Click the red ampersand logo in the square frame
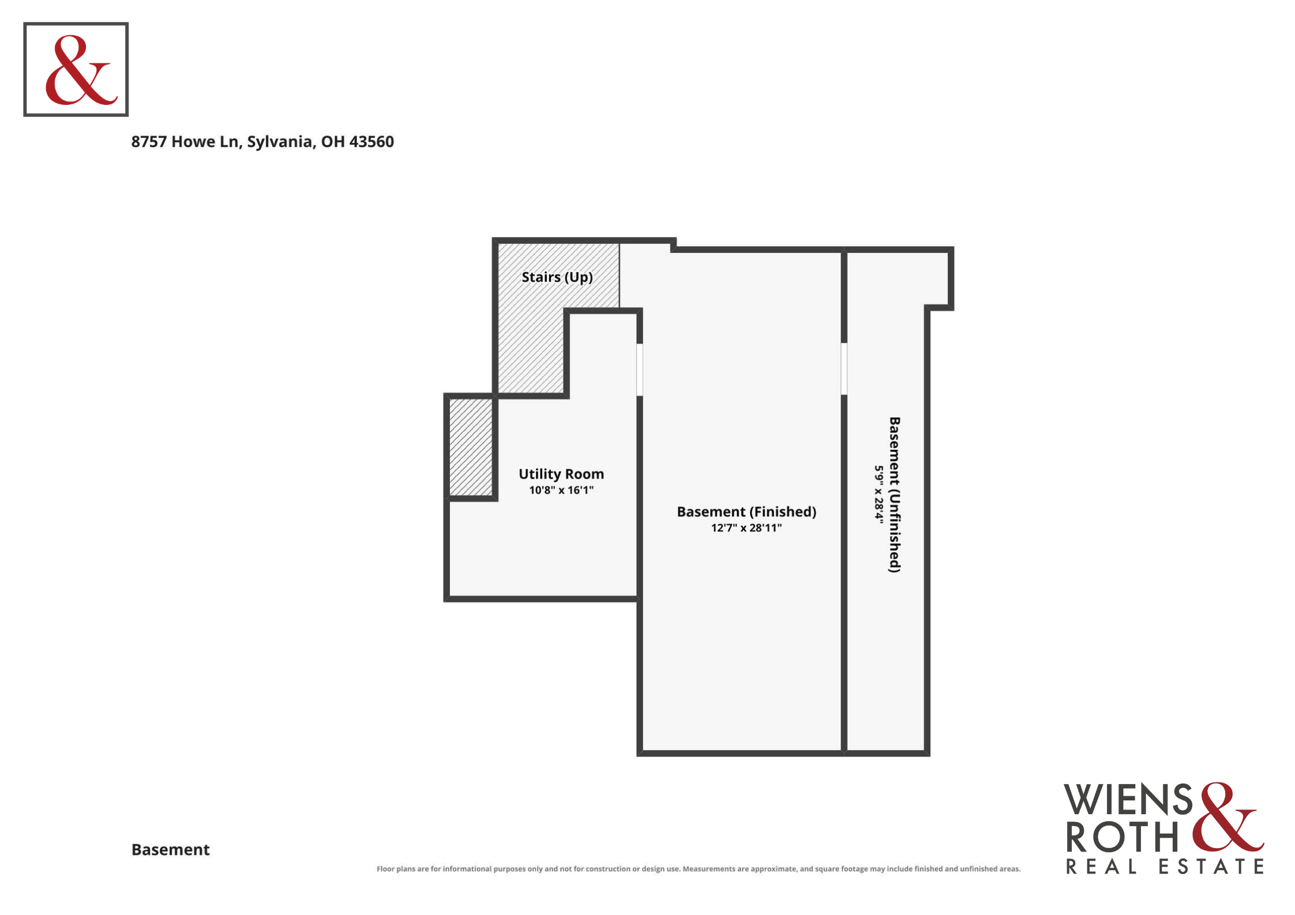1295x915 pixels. (81, 70)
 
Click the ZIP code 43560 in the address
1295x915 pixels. (371, 141)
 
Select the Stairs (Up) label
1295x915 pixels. (557, 277)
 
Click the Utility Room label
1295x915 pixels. (561, 474)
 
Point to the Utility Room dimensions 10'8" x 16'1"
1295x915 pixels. (561, 490)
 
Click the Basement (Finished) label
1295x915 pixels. (746, 512)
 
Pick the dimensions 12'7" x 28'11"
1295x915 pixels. (746, 528)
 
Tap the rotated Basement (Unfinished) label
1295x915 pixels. (895, 495)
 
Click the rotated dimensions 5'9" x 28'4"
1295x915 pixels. (879, 494)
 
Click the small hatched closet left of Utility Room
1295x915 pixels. (471, 447)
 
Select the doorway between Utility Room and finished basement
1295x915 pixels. (640, 370)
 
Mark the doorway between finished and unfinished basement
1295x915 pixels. (844, 369)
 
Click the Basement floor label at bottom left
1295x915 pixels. (171, 850)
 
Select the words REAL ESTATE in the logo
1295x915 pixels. (1165, 867)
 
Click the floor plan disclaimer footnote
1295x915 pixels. (699, 869)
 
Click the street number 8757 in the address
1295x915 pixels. (149, 141)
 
